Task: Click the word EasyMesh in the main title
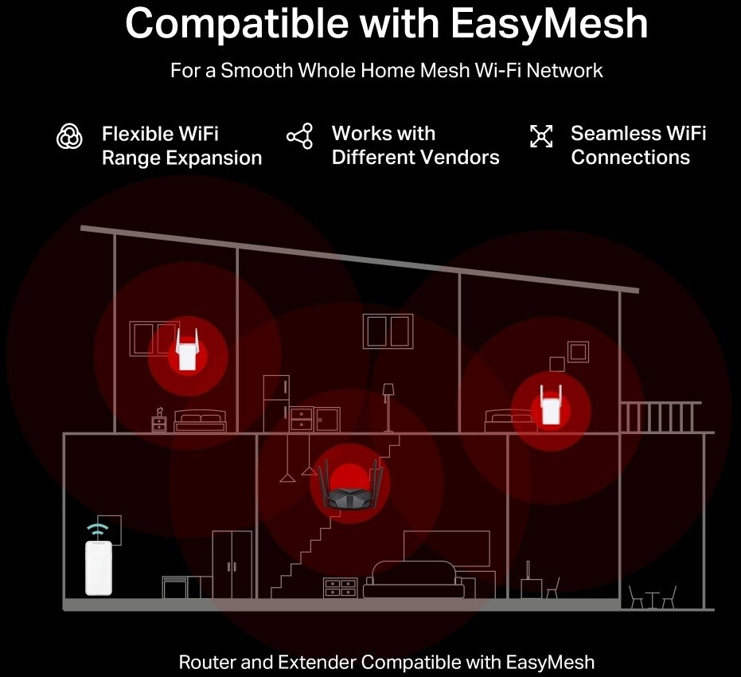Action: [549, 24]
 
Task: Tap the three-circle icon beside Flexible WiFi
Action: [70, 136]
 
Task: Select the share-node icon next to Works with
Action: [299, 136]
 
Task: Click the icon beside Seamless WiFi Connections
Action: [541, 136]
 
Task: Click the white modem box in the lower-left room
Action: [99, 567]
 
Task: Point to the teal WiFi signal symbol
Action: [98, 529]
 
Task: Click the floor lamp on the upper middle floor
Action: [388, 406]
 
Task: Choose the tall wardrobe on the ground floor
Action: [232, 564]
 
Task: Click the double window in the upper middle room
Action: [388, 331]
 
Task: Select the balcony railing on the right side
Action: [660, 417]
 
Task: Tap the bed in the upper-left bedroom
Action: [201, 421]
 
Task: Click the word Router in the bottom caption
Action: [206, 662]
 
